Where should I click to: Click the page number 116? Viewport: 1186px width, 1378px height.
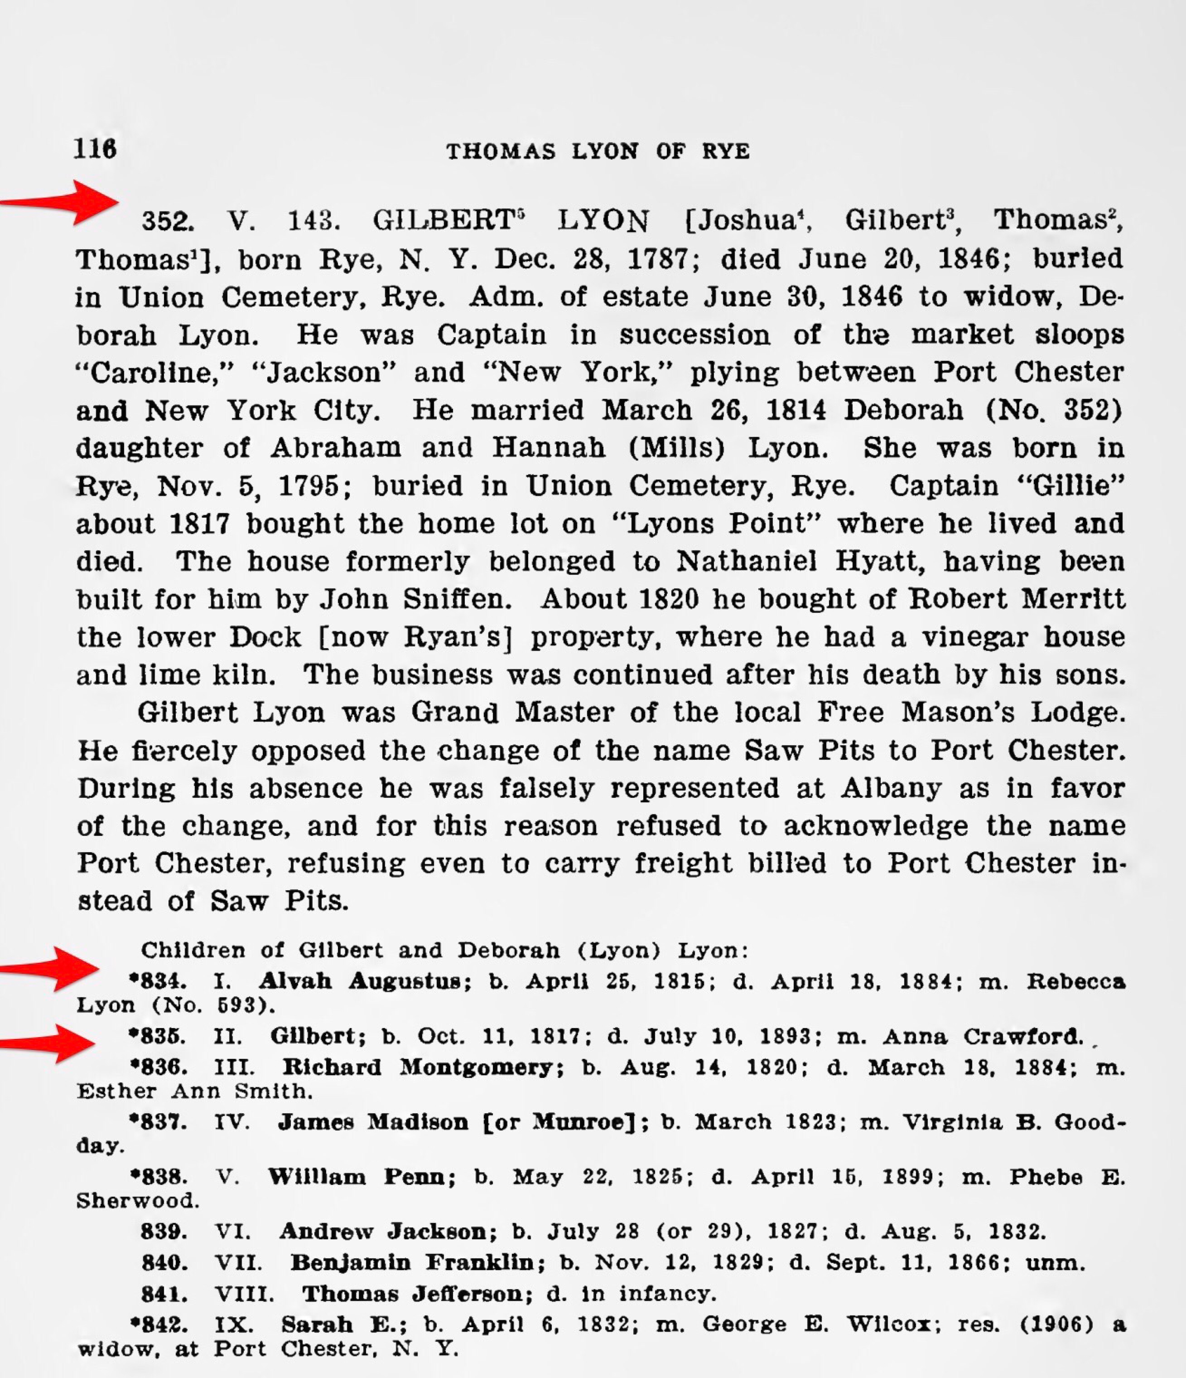point(95,148)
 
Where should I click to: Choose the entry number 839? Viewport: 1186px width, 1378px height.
point(164,1232)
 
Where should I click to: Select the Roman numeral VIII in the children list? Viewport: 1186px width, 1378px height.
point(244,1294)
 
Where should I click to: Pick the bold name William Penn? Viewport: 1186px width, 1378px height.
point(361,1177)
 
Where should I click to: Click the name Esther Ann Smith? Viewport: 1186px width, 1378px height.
point(193,1092)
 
